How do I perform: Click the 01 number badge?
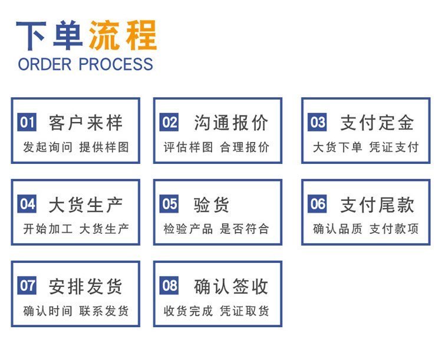27,122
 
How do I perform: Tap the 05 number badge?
169,203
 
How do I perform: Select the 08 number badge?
169,285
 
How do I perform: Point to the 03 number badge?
317,122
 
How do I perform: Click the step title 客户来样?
85,123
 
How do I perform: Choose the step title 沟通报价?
231,123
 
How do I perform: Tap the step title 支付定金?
377,123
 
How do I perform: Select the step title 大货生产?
85,204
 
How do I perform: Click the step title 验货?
212,204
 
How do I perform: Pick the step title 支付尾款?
377,204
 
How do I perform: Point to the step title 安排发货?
85,286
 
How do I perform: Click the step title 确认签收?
231,286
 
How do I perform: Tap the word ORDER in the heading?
45,64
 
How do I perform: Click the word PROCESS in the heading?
116,64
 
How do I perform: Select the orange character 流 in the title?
104,35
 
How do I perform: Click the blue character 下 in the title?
31,35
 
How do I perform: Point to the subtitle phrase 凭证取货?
245,311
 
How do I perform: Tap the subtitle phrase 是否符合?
245,229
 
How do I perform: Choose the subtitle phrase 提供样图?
104,147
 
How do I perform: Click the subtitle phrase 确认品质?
338,229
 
